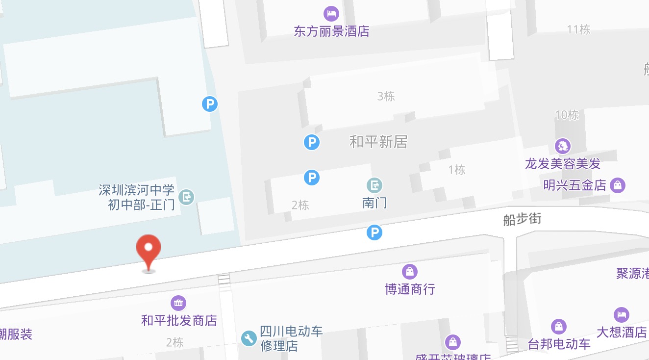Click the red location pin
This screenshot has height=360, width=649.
coord(149,251)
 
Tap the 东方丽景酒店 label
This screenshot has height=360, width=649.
coord(331,31)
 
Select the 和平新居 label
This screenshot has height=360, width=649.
coord(378,142)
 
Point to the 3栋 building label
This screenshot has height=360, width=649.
coord(386,96)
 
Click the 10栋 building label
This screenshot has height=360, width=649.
coord(567,115)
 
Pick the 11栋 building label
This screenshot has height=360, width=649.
coord(578,29)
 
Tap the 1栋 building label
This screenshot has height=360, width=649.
coord(456,170)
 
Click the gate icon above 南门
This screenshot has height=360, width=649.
coord(374,185)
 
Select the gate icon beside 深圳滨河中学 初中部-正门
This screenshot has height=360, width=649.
coord(186,197)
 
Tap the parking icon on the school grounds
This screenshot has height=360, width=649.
coord(210,104)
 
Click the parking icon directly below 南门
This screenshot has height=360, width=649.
coord(374,232)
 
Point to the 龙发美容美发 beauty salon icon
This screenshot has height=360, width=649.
coord(563,146)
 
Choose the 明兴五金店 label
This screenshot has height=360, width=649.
coord(575,185)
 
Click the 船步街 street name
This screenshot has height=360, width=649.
coord(522,219)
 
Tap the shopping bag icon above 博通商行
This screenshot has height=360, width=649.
coord(409,271)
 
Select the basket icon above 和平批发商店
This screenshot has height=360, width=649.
coord(178,303)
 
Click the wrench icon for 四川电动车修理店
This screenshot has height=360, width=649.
coord(249,338)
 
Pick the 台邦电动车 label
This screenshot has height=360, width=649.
coord(559,344)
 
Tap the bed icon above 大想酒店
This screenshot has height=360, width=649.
coord(621,314)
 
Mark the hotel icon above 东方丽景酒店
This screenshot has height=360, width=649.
coord(331,13)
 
